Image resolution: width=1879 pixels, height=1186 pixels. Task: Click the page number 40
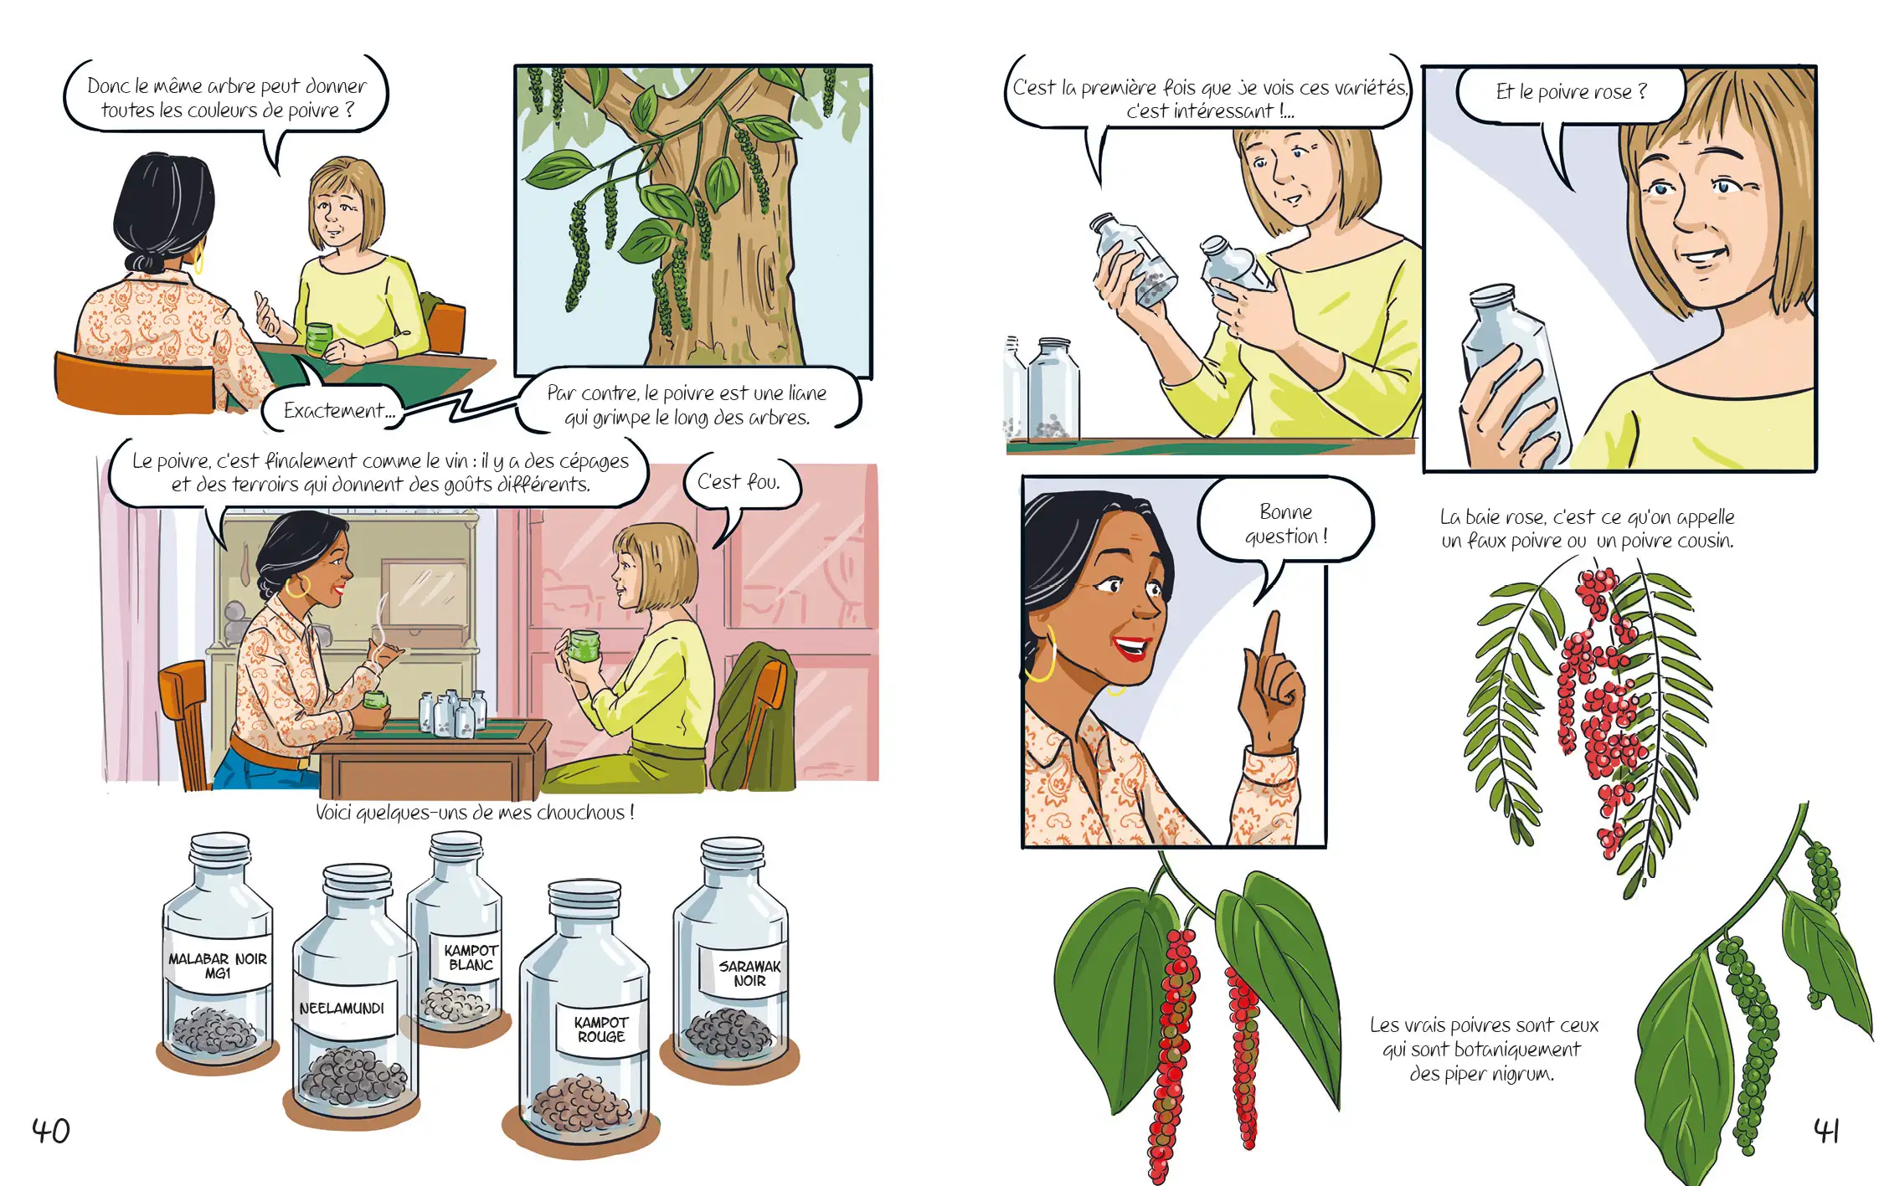[51, 1131]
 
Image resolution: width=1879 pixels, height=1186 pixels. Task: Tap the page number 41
[1826, 1130]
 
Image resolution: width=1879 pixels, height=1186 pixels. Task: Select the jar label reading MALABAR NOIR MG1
[218, 966]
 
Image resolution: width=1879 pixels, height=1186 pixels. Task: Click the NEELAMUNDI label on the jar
[342, 1009]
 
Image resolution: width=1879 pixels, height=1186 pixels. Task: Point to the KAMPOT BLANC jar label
[471, 958]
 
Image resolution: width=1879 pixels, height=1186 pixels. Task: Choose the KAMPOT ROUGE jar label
[601, 1029]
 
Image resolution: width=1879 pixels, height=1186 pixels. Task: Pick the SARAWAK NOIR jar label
[749, 973]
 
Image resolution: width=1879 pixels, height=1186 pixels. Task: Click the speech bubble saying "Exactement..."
[335, 410]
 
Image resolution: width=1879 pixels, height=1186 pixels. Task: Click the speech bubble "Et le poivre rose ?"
[1570, 92]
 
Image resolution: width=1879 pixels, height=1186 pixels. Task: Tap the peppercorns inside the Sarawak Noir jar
[728, 1033]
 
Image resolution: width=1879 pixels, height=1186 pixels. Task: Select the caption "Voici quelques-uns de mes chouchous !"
[475, 812]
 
